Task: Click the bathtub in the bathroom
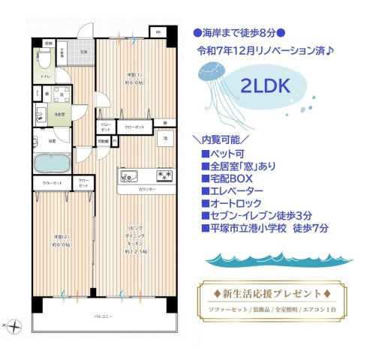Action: pos(51,163)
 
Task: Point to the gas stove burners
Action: pos(164,175)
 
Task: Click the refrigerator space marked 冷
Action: pos(164,138)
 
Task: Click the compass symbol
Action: pos(17,324)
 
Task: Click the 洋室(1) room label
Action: pos(132,76)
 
